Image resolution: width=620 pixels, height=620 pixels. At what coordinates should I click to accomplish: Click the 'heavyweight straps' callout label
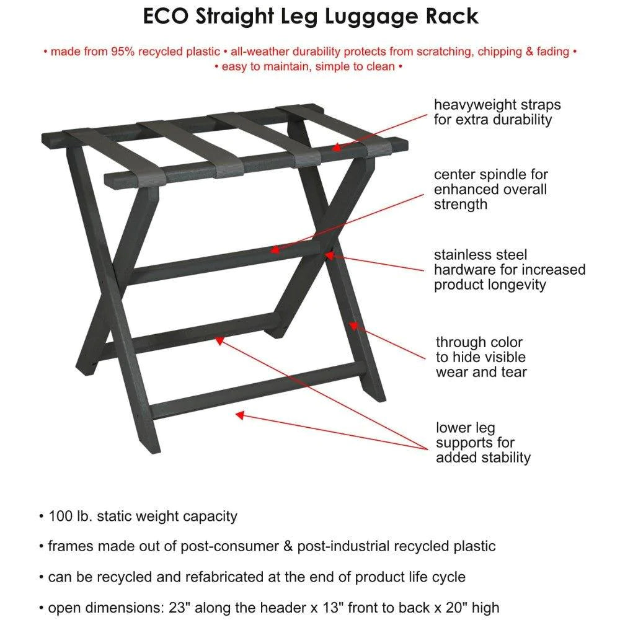pyautogui.click(x=497, y=112)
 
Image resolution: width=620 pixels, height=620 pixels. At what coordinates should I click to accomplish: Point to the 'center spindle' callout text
pyautogui.click(x=491, y=190)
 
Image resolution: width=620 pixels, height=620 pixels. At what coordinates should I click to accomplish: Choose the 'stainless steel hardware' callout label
pyautogui.click(x=509, y=270)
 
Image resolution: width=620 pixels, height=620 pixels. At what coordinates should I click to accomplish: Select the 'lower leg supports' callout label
pyautogui.click(x=483, y=443)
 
